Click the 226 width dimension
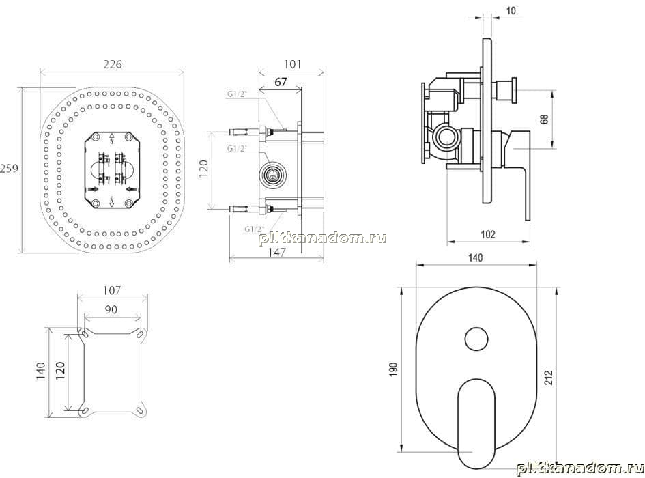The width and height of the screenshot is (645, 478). point(113,64)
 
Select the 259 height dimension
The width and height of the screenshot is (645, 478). point(9,169)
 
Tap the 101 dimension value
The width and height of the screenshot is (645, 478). point(293,64)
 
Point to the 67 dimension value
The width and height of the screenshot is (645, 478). point(281,82)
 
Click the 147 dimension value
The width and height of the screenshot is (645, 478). point(277,252)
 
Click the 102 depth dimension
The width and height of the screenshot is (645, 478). point(488,234)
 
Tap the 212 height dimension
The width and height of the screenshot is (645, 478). point(549,378)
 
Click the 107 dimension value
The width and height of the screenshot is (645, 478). point(112,291)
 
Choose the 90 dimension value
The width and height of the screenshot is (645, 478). point(111,309)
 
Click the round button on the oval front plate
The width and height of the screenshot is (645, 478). point(477,339)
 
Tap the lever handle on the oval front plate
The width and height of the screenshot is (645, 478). point(477,423)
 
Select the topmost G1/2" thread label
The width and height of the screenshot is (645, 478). point(237,94)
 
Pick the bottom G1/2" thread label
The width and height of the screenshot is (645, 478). point(254,229)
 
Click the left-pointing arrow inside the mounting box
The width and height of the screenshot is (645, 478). point(131,188)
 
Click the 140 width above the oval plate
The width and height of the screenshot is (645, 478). point(475,257)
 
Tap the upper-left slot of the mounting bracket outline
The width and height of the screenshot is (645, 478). point(83,333)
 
